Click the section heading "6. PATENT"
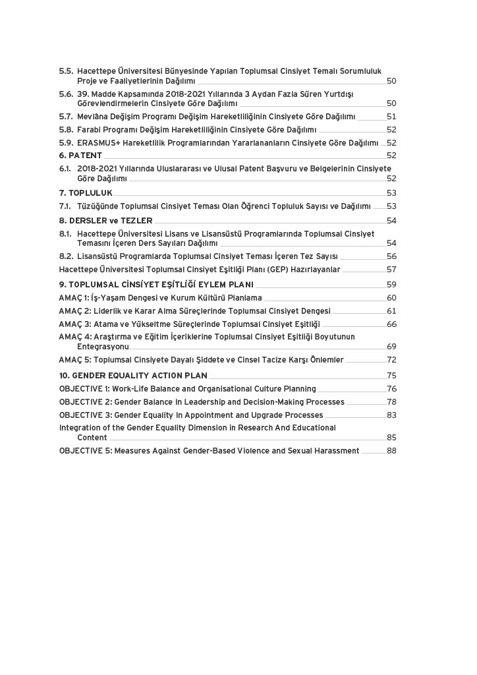pos(80,156)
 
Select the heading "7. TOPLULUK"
pos(86,193)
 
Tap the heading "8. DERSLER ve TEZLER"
pos(105,221)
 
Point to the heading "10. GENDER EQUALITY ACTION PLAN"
pos(133,376)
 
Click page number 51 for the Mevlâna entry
pos(391,117)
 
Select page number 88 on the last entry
pos(391,451)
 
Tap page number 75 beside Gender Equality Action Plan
pos(391,376)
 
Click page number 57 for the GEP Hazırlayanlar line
pos(391,270)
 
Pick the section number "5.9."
pos(66,142)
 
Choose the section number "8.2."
pos(66,256)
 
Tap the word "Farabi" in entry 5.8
pos(90,130)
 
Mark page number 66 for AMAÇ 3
pos(391,324)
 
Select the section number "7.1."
pos(65,206)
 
